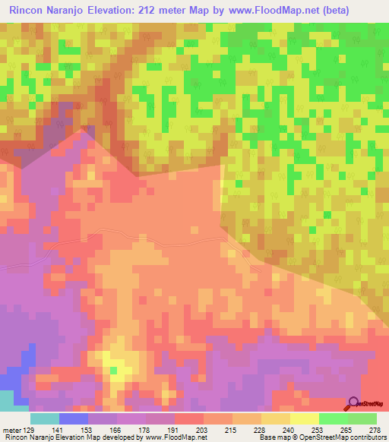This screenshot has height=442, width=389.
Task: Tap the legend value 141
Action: pyautogui.click(x=59, y=430)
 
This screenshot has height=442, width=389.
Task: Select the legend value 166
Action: pyautogui.click(x=116, y=430)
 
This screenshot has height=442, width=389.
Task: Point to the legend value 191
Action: pyautogui.click(x=174, y=430)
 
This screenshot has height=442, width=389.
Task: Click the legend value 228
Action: pyautogui.click(x=261, y=430)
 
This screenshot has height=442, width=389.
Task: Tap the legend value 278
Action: pyautogui.click(x=375, y=430)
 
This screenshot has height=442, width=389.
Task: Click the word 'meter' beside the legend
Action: pyautogui.click(x=11, y=430)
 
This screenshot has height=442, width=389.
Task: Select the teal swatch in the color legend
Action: pyautogui.click(x=44, y=418)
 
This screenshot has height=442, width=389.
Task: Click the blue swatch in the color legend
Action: pyautogui.click(x=73, y=418)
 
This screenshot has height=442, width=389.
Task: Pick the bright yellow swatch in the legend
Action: pyautogui.click(x=304, y=418)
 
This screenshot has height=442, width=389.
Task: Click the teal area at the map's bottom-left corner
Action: pyautogui.click(x=6, y=400)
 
